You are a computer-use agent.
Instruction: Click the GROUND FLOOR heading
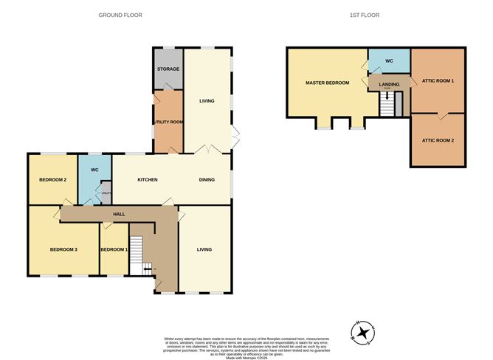click(121, 15)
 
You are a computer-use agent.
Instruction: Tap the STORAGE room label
click(168, 69)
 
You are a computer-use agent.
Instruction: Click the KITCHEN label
click(148, 179)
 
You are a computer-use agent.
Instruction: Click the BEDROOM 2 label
click(54, 179)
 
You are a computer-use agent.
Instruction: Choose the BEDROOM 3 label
click(64, 249)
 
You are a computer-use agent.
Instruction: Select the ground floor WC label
click(94, 170)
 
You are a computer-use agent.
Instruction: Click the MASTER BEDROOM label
click(327, 83)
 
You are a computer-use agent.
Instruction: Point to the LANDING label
click(389, 84)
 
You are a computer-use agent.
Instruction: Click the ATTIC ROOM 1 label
click(438, 80)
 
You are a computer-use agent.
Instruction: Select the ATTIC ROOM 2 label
click(438, 140)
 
